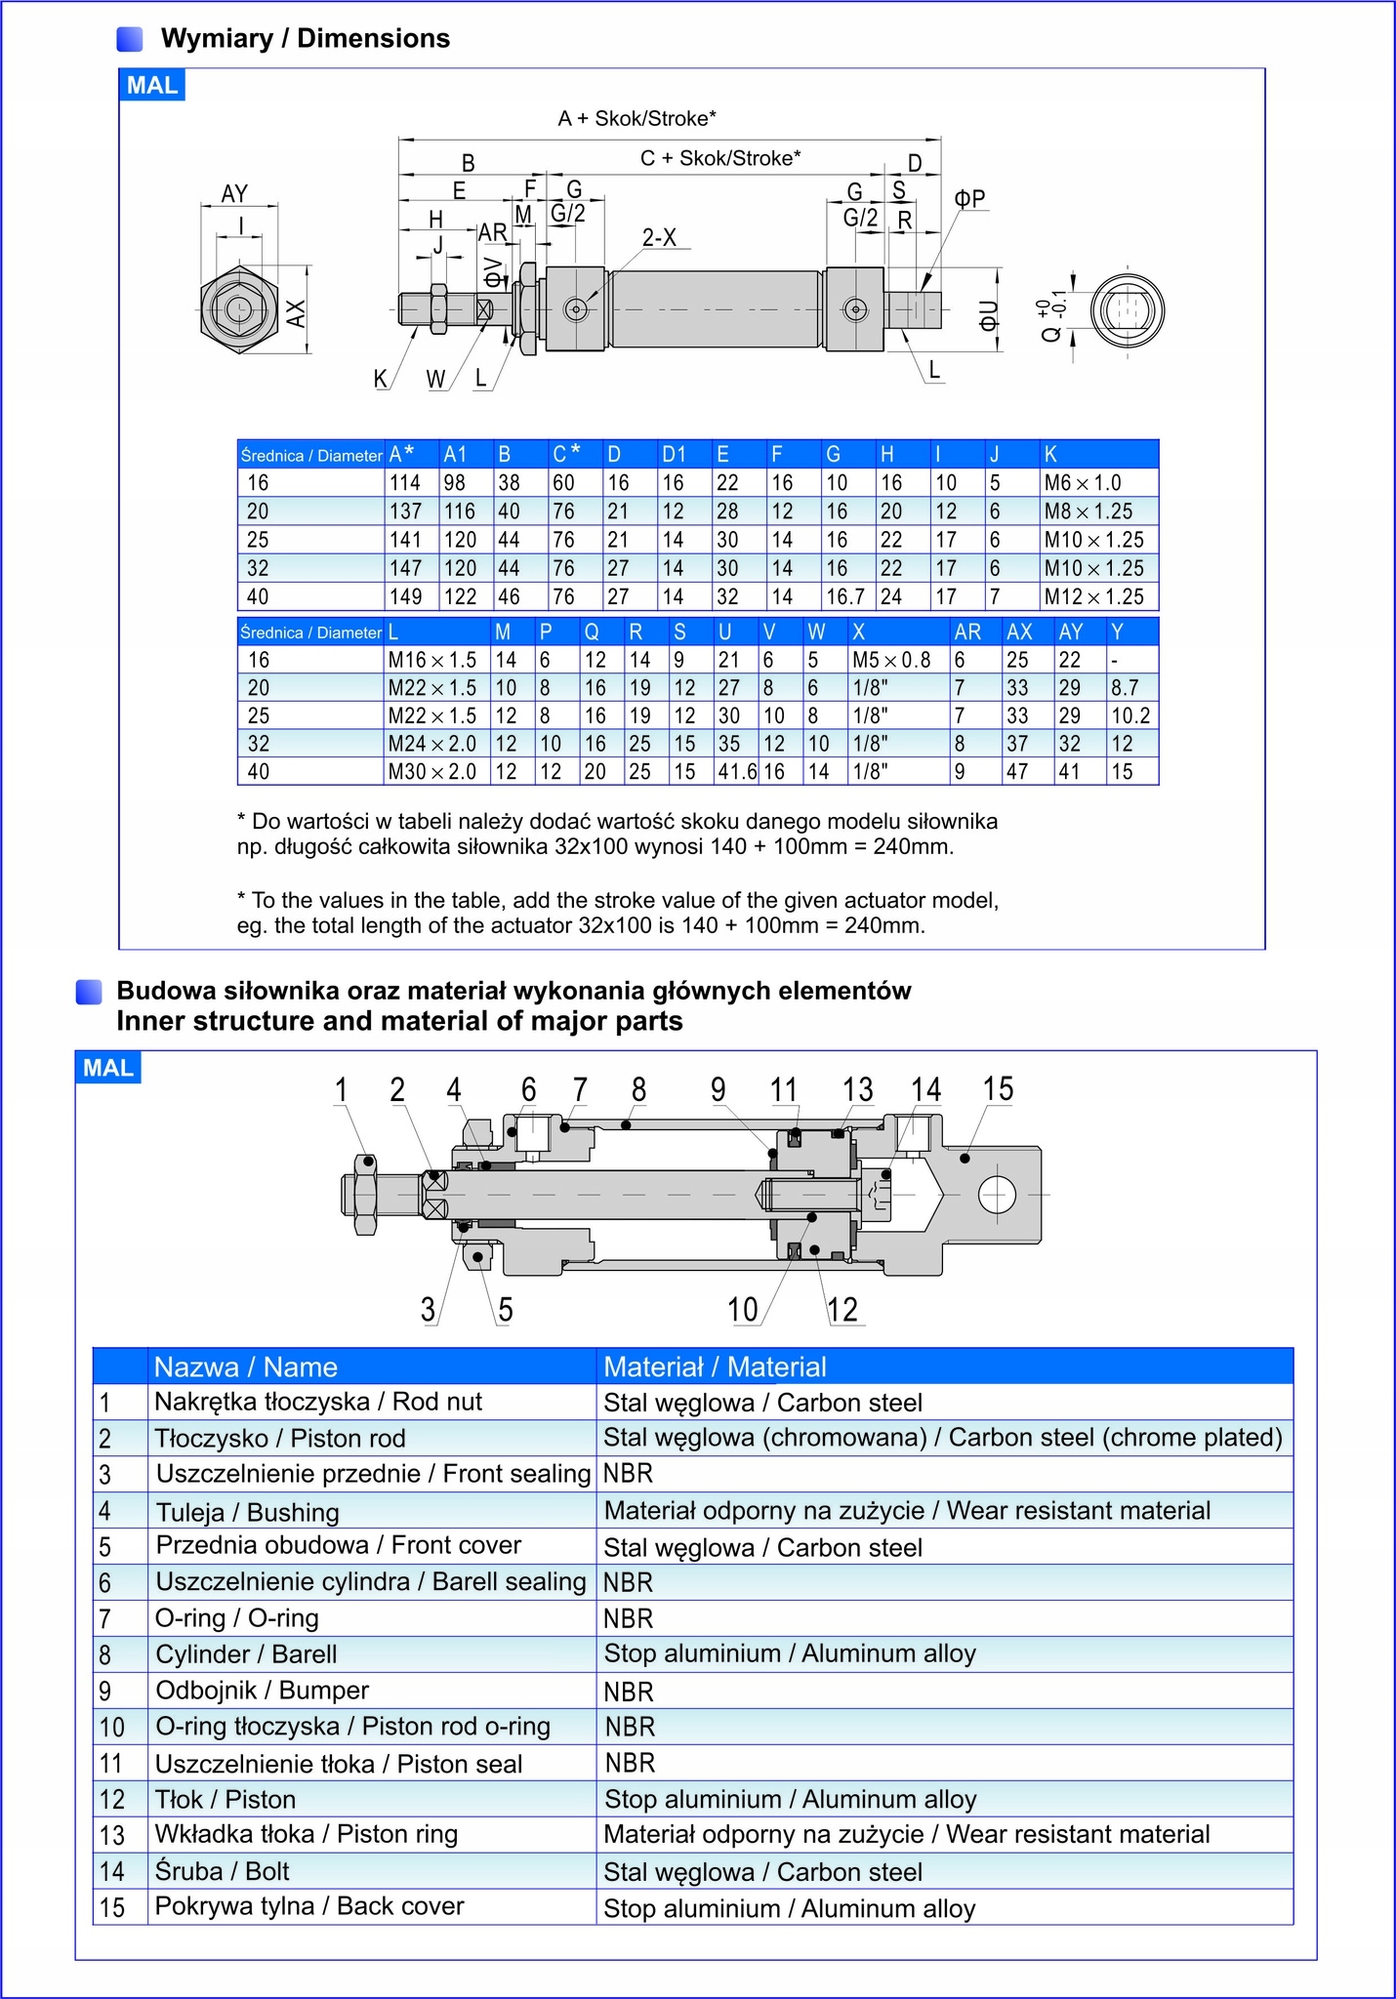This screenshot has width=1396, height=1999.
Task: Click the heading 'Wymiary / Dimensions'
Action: click(305, 39)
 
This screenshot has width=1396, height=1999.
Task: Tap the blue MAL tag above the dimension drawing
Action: click(151, 86)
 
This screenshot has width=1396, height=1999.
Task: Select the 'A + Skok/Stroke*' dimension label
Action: click(636, 119)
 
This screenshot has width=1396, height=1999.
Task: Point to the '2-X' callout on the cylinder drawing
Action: click(659, 238)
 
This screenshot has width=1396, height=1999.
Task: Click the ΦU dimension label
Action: click(988, 314)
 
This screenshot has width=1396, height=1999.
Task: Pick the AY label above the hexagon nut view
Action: click(234, 193)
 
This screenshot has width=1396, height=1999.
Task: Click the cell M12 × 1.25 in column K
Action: click(1093, 596)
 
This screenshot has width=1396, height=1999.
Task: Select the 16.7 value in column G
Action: click(845, 596)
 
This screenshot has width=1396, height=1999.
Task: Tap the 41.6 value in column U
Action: click(737, 772)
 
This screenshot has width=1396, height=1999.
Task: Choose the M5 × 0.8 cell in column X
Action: click(891, 660)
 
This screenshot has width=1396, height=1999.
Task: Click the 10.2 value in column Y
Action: click(1130, 715)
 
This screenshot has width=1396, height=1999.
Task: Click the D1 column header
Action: click(674, 454)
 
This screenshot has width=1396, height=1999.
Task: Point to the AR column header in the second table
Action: click(967, 632)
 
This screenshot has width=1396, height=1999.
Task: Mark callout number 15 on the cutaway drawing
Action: click(998, 1089)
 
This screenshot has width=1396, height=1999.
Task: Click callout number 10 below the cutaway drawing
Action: click(743, 1309)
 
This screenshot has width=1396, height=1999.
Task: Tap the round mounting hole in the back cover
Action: click(997, 1195)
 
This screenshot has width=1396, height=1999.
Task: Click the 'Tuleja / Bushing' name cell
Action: click(248, 1512)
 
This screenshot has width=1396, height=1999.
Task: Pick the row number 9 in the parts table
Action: click(105, 1691)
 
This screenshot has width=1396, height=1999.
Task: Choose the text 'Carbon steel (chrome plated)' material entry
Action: click(1115, 1438)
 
